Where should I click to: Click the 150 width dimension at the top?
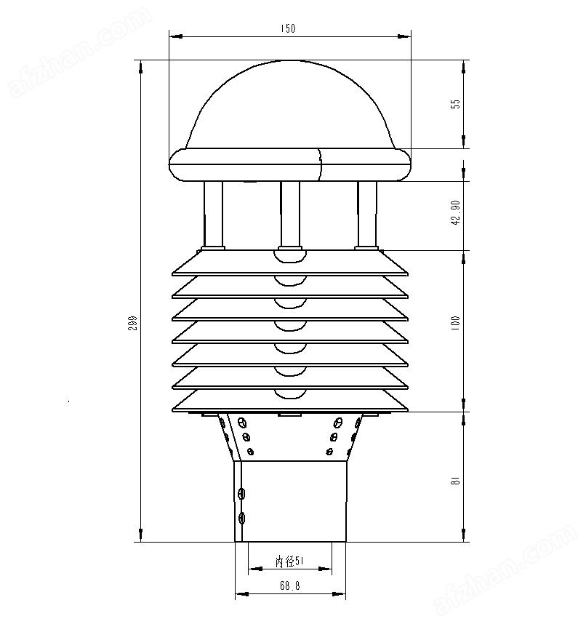[288, 28]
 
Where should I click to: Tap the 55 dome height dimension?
[456, 104]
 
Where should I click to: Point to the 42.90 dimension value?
[456, 213]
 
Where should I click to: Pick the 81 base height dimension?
[456, 480]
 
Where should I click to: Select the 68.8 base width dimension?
[289, 585]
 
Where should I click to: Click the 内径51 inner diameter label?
[289, 561]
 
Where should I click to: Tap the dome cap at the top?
[290, 105]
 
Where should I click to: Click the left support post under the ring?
[213, 214]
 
